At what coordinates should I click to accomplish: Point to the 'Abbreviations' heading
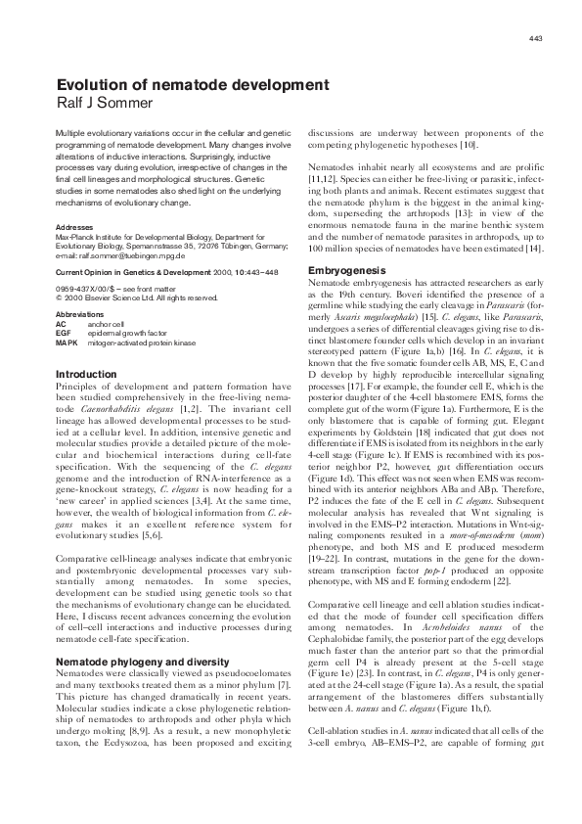point(82,315)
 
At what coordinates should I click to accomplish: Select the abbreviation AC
point(62,324)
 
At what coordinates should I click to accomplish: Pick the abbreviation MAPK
point(67,342)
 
